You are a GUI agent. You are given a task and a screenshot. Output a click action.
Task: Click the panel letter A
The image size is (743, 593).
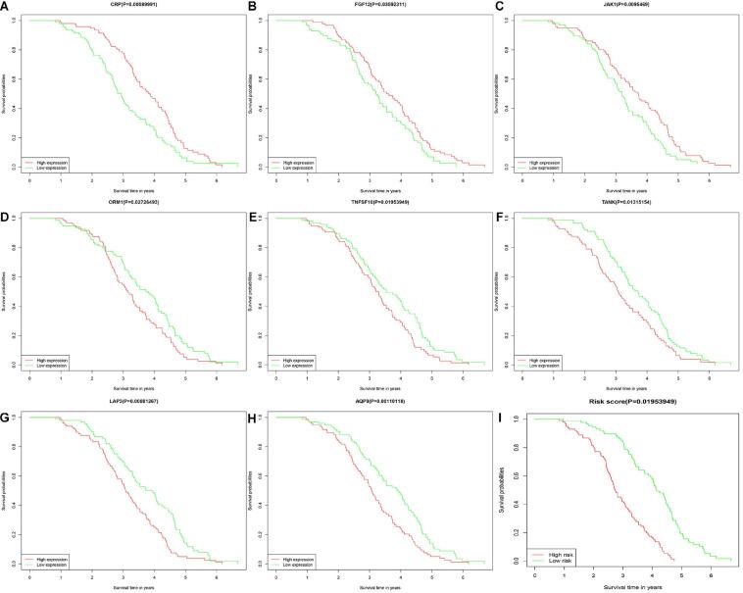[x=6, y=7]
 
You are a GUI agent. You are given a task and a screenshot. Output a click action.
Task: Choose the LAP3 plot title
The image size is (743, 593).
[x=134, y=402]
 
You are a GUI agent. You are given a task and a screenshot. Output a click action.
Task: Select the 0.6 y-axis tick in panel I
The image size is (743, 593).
[x=520, y=474]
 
